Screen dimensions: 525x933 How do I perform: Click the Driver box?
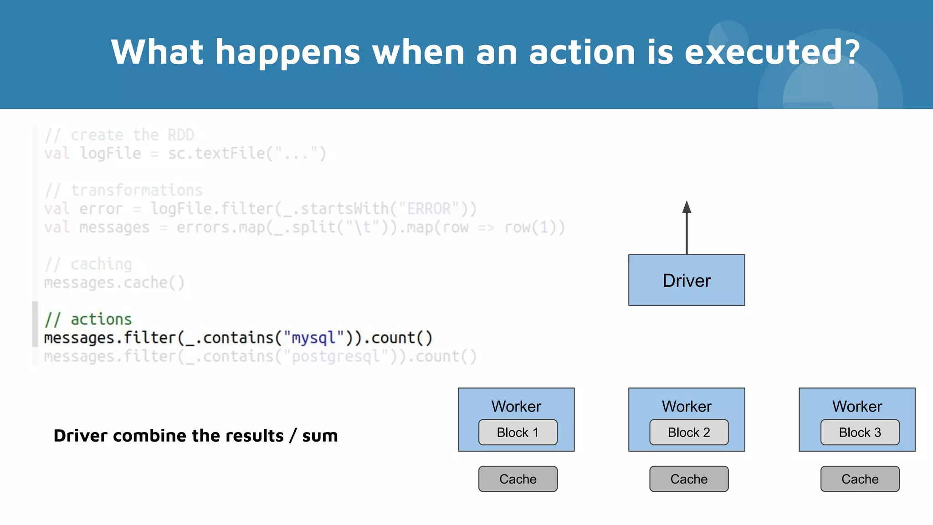(x=687, y=280)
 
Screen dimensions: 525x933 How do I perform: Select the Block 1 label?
(x=518, y=432)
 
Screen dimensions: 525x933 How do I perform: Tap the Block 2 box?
(x=689, y=432)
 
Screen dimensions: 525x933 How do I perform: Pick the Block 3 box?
(x=860, y=432)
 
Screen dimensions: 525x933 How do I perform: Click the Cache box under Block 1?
(x=518, y=479)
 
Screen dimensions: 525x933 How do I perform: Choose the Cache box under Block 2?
(x=689, y=479)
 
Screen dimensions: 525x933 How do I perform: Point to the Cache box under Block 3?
(x=860, y=479)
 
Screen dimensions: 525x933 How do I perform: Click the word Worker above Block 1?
(x=516, y=406)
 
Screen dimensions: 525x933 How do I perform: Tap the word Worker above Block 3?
(x=857, y=406)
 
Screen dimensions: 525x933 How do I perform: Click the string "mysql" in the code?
(x=313, y=338)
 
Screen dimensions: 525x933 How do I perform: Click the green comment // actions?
(x=88, y=319)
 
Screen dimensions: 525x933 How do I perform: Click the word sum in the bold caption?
(x=320, y=436)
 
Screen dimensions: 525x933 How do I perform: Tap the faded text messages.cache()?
(x=114, y=283)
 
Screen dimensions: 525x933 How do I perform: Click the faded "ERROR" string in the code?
(x=428, y=209)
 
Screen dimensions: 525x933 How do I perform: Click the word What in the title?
(x=157, y=51)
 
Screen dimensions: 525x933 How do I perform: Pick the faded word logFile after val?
(x=111, y=154)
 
